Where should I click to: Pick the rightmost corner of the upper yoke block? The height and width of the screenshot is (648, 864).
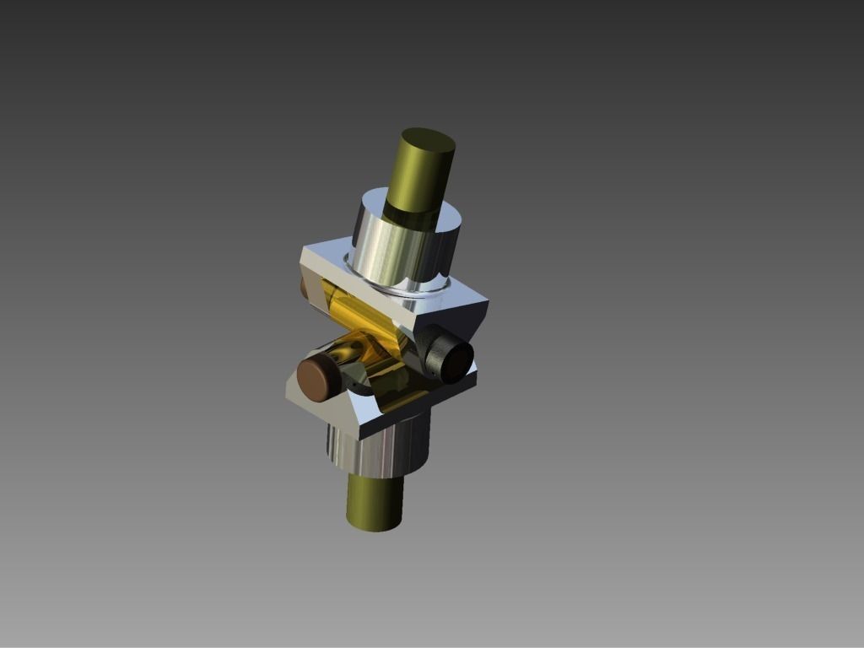coord(487,300)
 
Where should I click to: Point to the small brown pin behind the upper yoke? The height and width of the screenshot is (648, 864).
coord(306,288)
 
